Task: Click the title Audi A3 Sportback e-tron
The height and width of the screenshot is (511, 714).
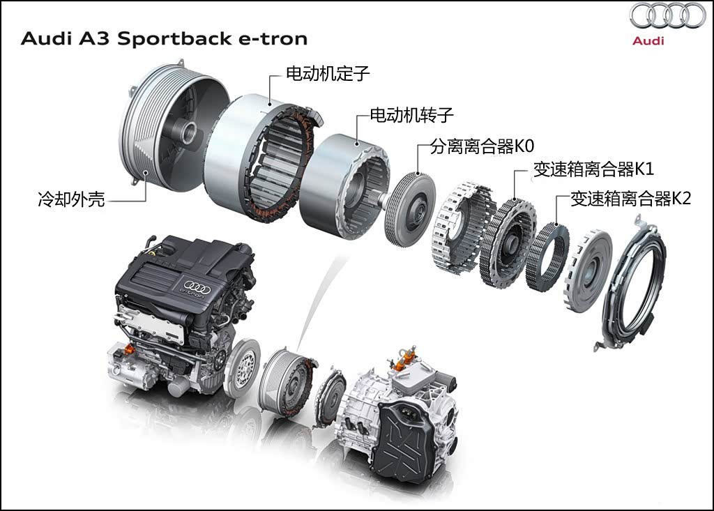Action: (165, 38)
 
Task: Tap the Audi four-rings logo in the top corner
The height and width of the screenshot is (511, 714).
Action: (667, 16)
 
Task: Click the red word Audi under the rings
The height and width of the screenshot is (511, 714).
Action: (648, 40)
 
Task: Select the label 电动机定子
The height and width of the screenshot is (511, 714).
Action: (328, 73)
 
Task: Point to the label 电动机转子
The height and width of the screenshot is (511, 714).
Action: (411, 115)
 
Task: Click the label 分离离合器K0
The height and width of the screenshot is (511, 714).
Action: (482, 146)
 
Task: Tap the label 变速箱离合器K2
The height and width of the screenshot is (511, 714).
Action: (631, 199)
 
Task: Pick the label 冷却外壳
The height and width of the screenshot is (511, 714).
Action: (72, 199)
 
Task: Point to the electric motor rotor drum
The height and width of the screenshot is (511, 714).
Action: (344, 186)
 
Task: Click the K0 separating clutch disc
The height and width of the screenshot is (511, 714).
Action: (410, 210)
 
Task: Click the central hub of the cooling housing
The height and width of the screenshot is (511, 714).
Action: (188, 132)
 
